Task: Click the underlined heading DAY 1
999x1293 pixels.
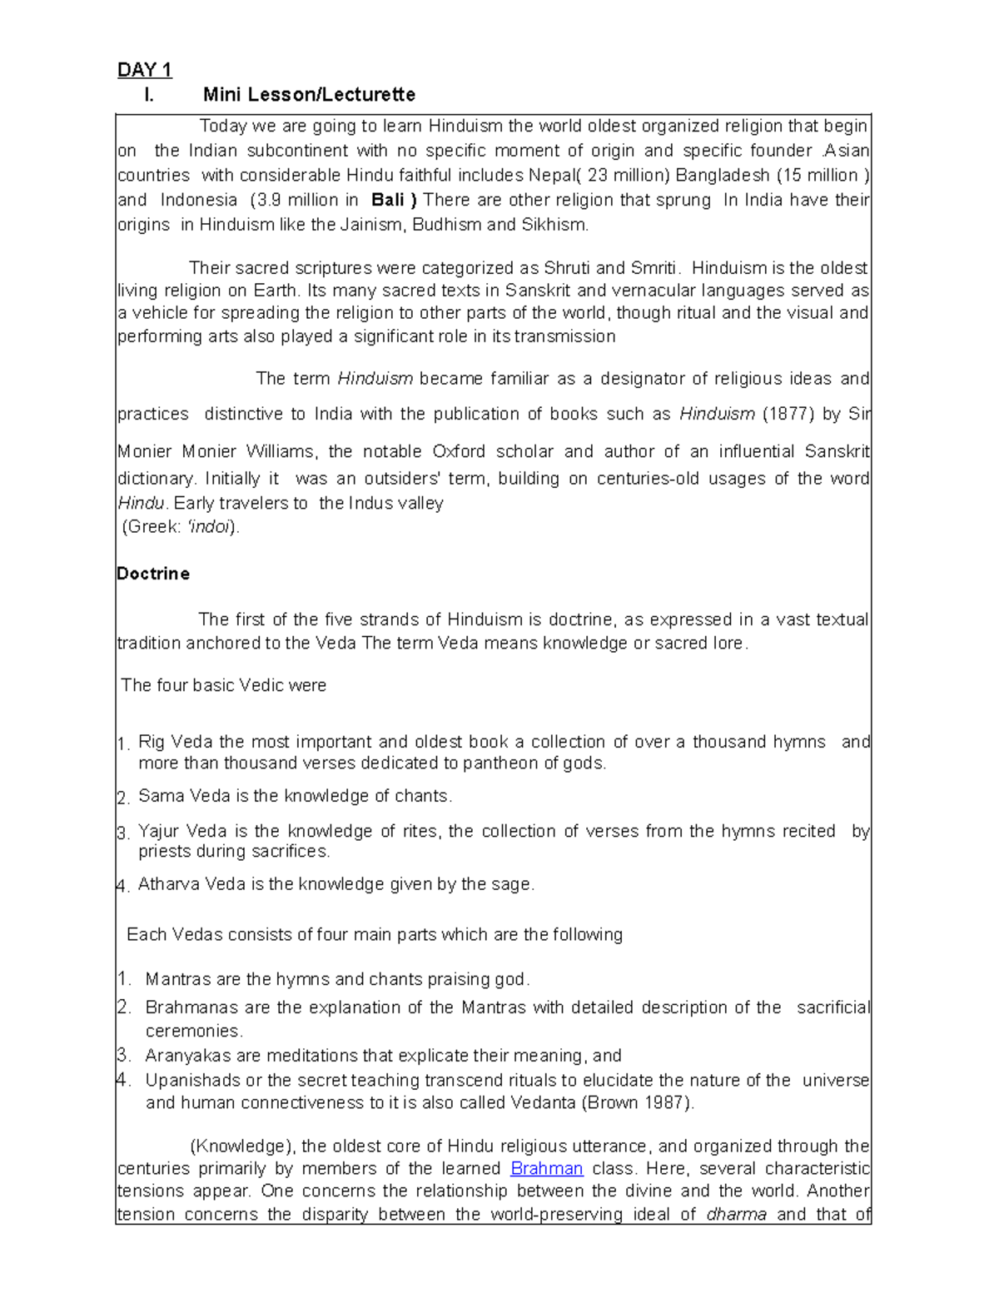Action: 144,70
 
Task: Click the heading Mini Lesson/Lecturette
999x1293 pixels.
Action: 309,95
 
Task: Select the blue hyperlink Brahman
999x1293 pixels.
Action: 546,1168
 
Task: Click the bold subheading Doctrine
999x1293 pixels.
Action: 153,574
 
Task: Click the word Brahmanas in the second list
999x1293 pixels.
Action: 192,1007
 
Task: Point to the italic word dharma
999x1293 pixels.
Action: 736,1214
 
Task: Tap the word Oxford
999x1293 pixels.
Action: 459,451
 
